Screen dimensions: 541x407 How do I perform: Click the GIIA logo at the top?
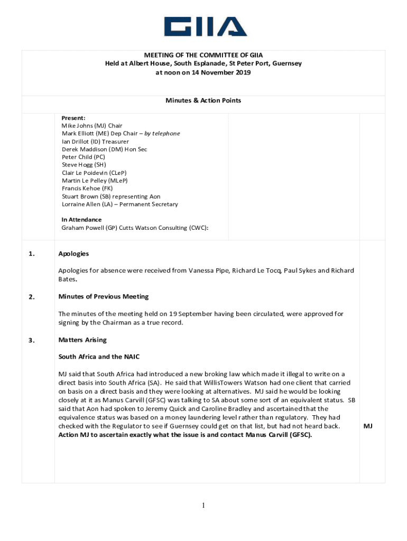pyautogui.click(x=205, y=27)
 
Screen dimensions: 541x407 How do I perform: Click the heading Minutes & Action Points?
pyautogui.click(x=203, y=100)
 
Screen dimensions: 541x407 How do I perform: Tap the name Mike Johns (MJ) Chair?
pyautogui.click(x=92, y=126)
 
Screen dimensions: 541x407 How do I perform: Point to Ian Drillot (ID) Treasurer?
pyautogui.click(x=95, y=142)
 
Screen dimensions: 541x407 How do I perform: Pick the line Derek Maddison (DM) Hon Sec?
pyautogui.click(x=104, y=150)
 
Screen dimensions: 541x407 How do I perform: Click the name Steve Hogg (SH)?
pyautogui.click(x=84, y=165)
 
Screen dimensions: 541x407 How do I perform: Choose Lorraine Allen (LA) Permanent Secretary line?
pyautogui.click(x=119, y=204)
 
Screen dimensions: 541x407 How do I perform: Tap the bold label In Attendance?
pyautogui.click(x=81, y=220)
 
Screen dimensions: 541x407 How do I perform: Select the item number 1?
pyautogui.click(x=32, y=254)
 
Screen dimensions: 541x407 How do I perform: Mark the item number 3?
pyautogui.click(x=32, y=340)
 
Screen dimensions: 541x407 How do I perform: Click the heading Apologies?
pyautogui.click(x=73, y=254)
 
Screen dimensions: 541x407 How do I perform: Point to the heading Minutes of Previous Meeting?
pyautogui.click(x=104, y=296)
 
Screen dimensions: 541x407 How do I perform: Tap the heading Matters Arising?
pyautogui.click(x=82, y=340)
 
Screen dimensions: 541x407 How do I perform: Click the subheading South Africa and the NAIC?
pyautogui.click(x=99, y=357)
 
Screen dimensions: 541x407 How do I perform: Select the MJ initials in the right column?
pyautogui.click(x=368, y=426)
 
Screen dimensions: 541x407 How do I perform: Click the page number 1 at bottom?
pyautogui.click(x=203, y=506)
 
